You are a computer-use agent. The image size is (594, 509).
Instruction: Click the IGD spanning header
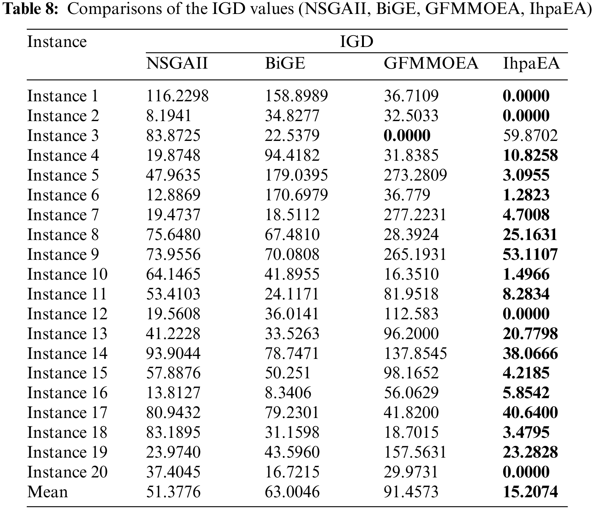click(x=356, y=42)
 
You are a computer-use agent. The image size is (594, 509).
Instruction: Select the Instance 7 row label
click(x=63, y=215)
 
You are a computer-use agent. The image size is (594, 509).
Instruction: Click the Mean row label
click(x=47, y=492)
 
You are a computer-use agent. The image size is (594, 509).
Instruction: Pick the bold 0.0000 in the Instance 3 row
click(x=407, y=135)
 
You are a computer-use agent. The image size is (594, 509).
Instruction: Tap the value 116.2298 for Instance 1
click(x=177, y=96)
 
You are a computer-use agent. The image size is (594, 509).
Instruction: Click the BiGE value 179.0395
click(x=296, y=175)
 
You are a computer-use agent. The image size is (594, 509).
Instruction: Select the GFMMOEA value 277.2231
click(x=415, y=215)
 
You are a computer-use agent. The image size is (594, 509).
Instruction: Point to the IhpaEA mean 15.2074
click(x=530, y=492)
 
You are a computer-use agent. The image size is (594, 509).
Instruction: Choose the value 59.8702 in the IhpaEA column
click(x=530, y=135)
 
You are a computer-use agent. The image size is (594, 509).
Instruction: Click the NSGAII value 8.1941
click(x=169, y=116)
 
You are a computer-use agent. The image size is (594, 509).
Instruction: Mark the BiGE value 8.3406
click(x=288, y=393)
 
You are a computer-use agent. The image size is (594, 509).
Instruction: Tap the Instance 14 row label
click(x=67, y=353)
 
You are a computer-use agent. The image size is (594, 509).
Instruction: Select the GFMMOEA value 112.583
click(x=411, y=314)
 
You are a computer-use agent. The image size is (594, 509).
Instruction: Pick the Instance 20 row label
click(x=67, y=472)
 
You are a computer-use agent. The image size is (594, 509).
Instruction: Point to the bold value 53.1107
click(x=530, y=254)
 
